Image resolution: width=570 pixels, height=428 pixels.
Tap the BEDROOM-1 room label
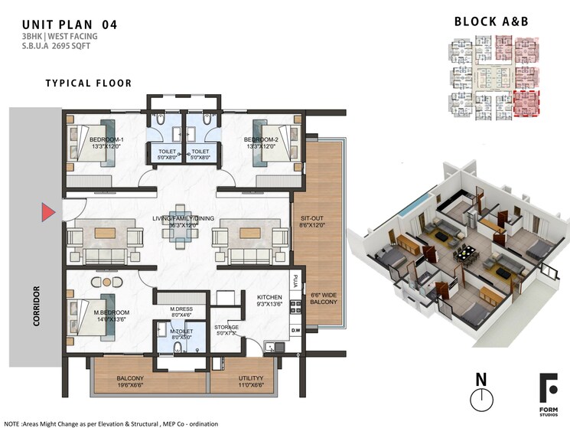click(x=106, y=139)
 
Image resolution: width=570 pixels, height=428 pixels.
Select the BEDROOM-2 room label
click(x=259, y=139)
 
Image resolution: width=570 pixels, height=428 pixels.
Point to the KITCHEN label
click(x=270, y=297)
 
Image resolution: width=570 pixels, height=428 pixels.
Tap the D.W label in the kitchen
click(x=295, y=330)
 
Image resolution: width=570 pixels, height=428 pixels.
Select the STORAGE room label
click(x=226, y=327)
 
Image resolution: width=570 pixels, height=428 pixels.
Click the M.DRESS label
click(x=181, y=309)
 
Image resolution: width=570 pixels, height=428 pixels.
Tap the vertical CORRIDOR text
click(x=36, y=306)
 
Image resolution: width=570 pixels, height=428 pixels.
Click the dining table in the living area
click(x=178, y=226)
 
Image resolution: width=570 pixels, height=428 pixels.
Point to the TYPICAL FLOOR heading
click(x=88, y=83)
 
